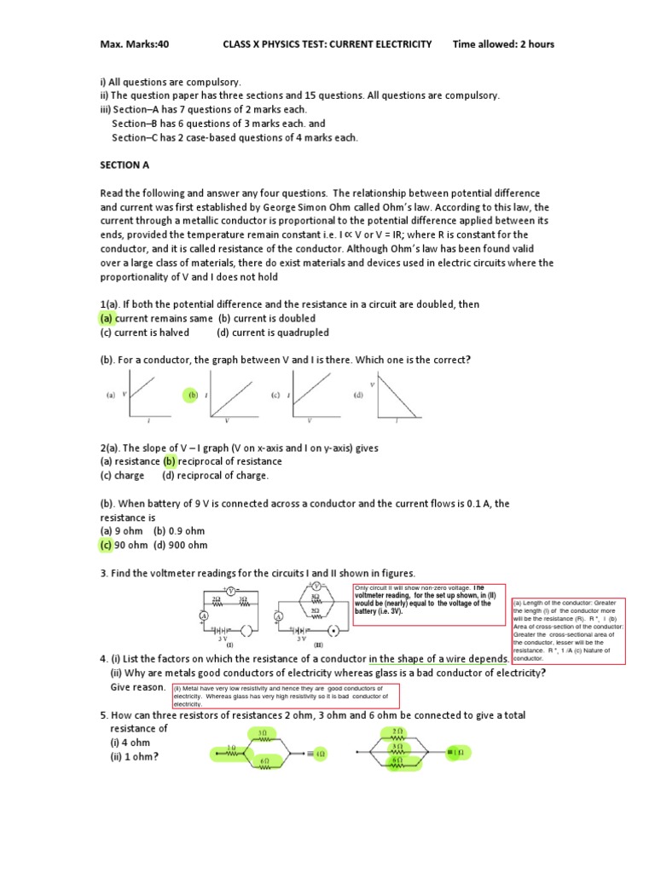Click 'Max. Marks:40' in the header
point(135,44)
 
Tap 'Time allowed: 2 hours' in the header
point(503,44)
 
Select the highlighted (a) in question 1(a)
point(107,318)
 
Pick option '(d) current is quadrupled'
point(272,332)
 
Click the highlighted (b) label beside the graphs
point(192,396)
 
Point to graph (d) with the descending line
point(393,399)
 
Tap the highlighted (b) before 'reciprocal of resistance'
point(169,461)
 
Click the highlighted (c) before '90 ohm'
point(107,545)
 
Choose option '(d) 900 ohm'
point(180,545)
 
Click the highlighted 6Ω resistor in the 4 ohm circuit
point(264,761)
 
